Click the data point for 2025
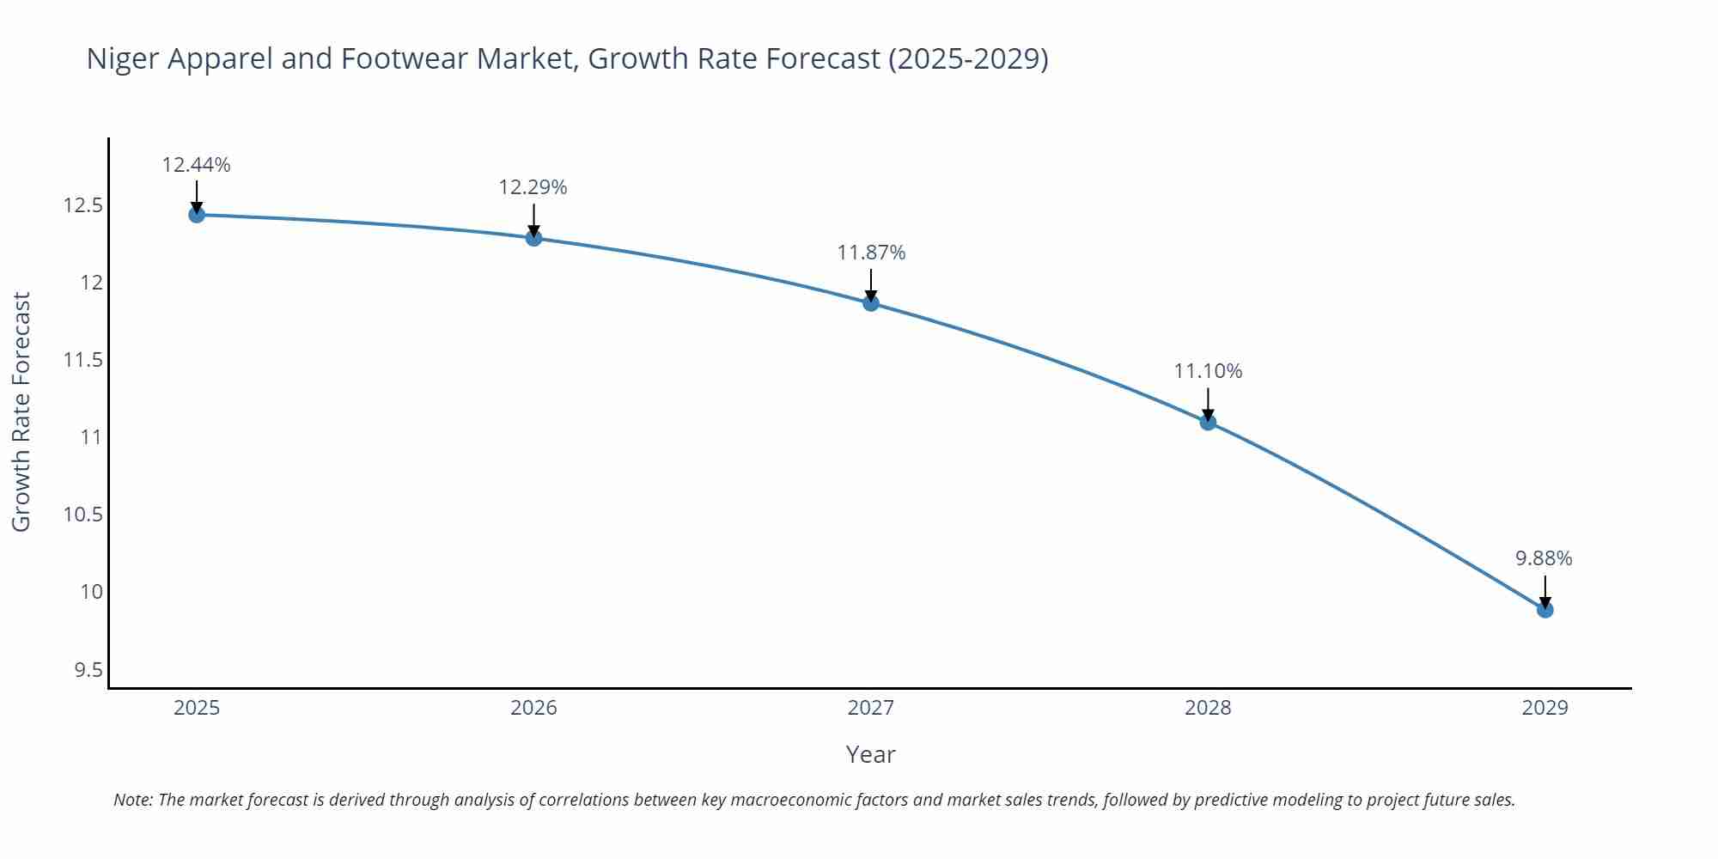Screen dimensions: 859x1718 [197, 215]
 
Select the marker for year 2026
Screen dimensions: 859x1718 [533, 238]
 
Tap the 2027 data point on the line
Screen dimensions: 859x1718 [871, 302]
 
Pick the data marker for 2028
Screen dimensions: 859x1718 [1208, 422]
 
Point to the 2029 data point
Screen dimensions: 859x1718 [1544, 610]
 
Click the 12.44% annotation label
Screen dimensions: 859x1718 [197, 165]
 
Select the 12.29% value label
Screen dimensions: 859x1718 [533, 187]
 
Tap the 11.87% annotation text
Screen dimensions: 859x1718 [871, 253]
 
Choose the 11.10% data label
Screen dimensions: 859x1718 [1208, 371]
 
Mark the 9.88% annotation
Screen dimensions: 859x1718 [1544, 558]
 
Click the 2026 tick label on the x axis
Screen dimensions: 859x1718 [533, 708]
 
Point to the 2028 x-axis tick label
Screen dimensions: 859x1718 [1208, 708]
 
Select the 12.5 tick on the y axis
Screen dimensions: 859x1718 [82, 206]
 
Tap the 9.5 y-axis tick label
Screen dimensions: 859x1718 [88, 669]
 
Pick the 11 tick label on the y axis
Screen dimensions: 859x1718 [91, 437]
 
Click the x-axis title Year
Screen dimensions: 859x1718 [870, 754]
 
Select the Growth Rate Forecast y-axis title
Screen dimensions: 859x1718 [21, 411]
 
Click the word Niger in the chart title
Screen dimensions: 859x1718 [122, 59]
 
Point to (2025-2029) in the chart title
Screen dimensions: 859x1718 [968, 59]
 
